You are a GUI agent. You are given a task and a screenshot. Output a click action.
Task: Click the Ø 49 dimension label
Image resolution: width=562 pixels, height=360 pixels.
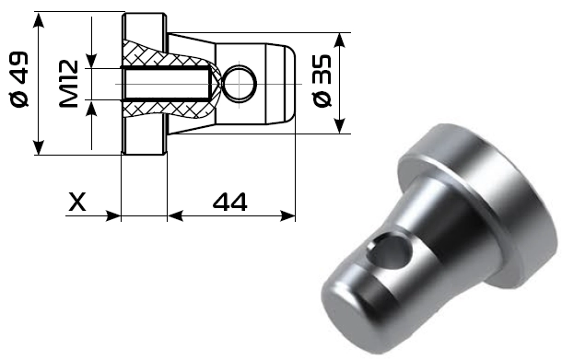point(18,79)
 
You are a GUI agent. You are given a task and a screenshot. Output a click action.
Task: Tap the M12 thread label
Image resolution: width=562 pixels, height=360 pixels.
point(68,84)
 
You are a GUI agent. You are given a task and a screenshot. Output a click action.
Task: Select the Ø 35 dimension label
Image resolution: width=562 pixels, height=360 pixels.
point(322,81)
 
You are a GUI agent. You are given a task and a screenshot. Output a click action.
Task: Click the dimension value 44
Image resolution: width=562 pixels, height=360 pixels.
point(229,202)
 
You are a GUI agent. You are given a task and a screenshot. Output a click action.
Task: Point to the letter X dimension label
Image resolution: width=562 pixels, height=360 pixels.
point(77,202)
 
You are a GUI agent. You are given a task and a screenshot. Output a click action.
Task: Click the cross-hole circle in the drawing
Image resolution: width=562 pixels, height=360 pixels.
point(240,84)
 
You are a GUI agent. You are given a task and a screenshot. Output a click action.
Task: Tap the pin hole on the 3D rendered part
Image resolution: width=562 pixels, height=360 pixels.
point(390,250)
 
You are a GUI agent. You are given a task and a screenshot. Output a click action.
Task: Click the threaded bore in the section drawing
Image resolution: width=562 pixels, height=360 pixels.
point(167,84)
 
